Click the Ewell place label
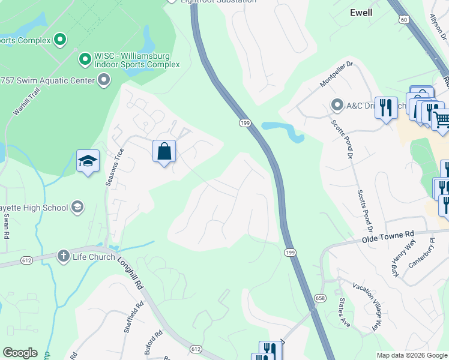(x=361, y=12)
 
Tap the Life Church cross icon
(x=62, y=257)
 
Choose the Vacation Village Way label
(x=367, y=307)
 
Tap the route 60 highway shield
(x=405, y=20)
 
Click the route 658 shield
(x=319, y=296)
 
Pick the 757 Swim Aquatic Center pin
(x=104, y=80)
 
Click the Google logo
(x=20, y=353)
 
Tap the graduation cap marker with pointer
(x=88, y=161)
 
